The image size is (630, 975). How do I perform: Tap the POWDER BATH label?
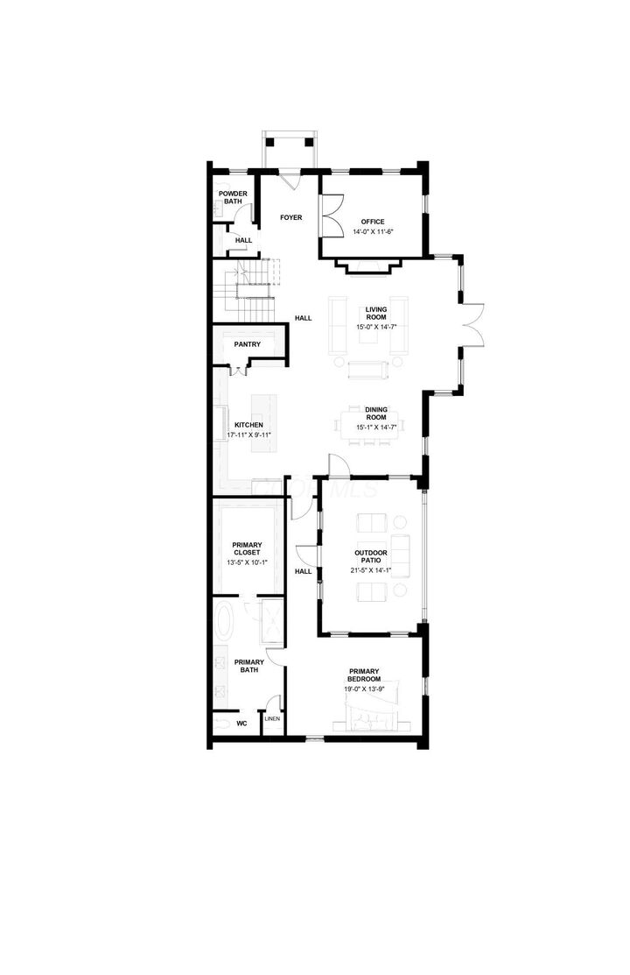(x=233, y=197)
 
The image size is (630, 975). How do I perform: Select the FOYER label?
(x=291, y=216)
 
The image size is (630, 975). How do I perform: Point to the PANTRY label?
(x=247, y=344)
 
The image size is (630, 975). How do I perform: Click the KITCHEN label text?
(x=248, y=425)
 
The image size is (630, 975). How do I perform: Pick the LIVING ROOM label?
(x=377, y=314)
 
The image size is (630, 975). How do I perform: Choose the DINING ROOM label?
(x=376, y=413)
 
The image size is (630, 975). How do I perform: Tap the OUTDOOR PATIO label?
(x=371, y=557)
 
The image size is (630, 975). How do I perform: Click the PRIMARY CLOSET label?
(x=247, y=549)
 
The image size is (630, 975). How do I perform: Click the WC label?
(x=242, y=724)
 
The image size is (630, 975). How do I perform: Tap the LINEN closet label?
(x=272, y=719)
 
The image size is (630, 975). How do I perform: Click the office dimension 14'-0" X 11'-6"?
(x=374, y=232)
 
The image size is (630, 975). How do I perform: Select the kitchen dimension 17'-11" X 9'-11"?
(x=248, y=435)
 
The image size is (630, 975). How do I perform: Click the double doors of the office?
(x=331, y=215)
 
